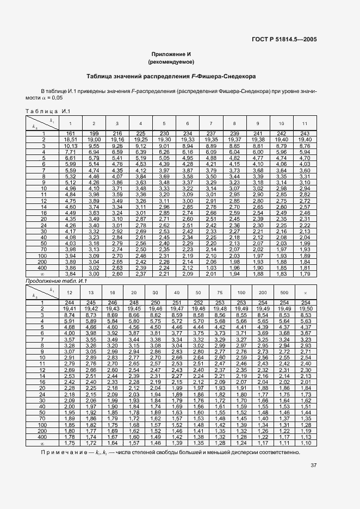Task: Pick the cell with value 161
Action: [70, 134]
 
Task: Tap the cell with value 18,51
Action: [70, 140]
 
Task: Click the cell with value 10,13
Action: [70, 146]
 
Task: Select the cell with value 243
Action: [305, 134]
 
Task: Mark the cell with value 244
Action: [70, 303]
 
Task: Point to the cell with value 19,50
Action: [305, 309]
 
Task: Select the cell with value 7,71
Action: [70, 152]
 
